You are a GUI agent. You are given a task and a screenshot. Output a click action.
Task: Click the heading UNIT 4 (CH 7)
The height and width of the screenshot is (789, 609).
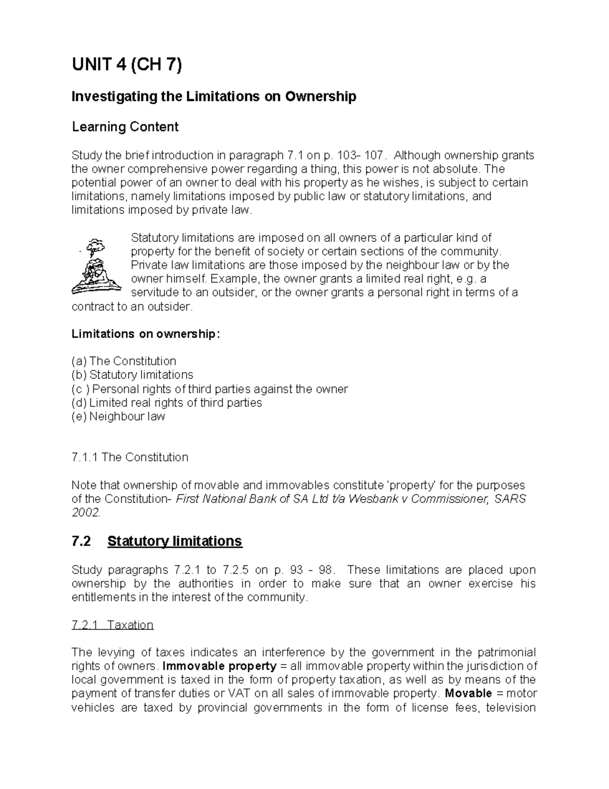click(126, 66)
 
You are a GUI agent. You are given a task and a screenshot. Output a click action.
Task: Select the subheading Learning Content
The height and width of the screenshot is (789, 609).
click(125, 127)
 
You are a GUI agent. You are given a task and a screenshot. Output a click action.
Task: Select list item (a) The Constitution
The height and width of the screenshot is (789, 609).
click(124, 361)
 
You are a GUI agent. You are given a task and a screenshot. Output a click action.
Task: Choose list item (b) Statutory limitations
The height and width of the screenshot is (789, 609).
click(132, 375)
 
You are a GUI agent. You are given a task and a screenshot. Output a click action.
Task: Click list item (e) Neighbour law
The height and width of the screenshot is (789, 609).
click(118, 417)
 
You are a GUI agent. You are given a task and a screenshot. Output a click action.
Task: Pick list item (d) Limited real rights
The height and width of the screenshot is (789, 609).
click(166, 403)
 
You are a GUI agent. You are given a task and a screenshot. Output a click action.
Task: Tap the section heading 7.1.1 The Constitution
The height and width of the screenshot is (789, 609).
click(130, 457)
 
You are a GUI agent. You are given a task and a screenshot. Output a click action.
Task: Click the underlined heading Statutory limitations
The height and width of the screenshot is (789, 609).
click(175, 541)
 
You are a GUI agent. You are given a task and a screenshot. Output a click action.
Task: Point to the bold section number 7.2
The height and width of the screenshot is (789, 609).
click(81, 541)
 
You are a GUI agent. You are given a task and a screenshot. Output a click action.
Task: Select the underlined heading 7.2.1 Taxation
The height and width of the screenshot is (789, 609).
click(113, 625)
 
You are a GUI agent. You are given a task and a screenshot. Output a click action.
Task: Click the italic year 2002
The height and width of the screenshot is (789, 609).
click(86, 513)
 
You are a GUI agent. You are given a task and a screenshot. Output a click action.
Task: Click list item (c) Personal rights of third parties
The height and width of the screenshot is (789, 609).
click(210, 389)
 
